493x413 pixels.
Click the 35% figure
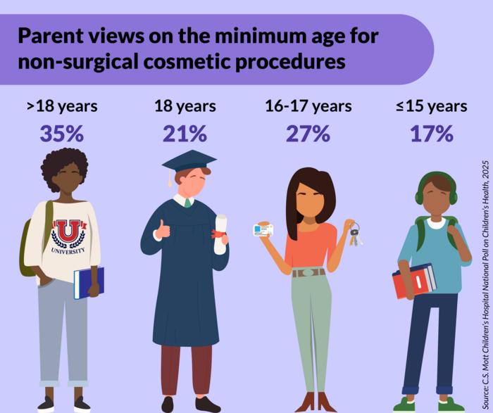click(x=62, y=134)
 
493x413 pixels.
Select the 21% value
click(x=185, y=134)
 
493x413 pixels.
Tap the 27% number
click(x=308, y=134)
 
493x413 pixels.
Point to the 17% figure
click(x=431, y=134)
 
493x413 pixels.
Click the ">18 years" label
click(x=62, y=106)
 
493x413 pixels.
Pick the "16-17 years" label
click(x=308, y=106)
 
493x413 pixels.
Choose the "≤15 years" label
click(x=431, y=106)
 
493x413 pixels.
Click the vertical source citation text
click(x=485, y=281)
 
